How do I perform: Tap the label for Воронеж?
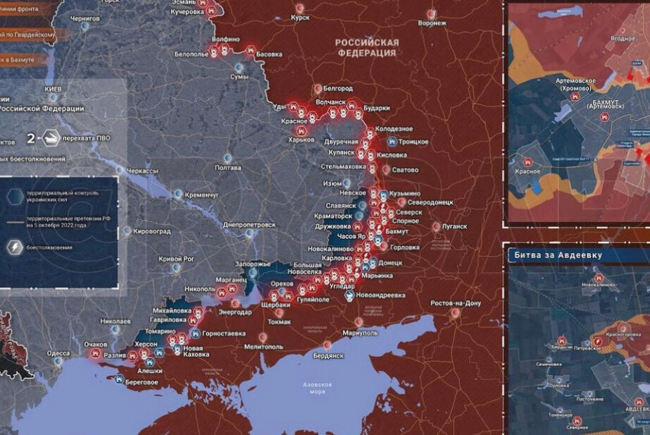[x=432, y=23]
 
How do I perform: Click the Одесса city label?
[x=58, y=353]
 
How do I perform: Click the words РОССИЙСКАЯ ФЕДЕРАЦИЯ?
[x=367, y=47]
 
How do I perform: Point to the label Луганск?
[x=454, y=226]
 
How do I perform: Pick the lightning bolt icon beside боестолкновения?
[x=13, y=247]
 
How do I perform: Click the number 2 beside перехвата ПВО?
[x=31, y=138]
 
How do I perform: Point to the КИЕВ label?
[x=54, y=90]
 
